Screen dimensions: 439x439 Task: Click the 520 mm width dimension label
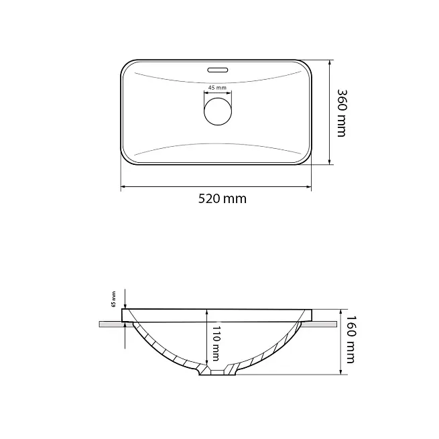[x=223, y=199]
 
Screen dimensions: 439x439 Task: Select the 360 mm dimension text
[x=342, y=113]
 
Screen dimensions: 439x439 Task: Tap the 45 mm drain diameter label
[x=217, y=88]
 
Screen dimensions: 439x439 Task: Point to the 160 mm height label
[x=351, y=339]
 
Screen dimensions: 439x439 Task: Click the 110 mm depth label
[x=216, y=344]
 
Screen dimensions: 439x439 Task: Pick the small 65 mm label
[x=114, y=300]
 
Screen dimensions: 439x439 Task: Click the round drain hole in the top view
[x=218, y=111]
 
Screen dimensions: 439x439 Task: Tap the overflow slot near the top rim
[x=218, y=70]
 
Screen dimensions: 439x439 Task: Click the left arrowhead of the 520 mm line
[x=123, y=186]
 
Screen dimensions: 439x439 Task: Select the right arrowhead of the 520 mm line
[x=309, y=186]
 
